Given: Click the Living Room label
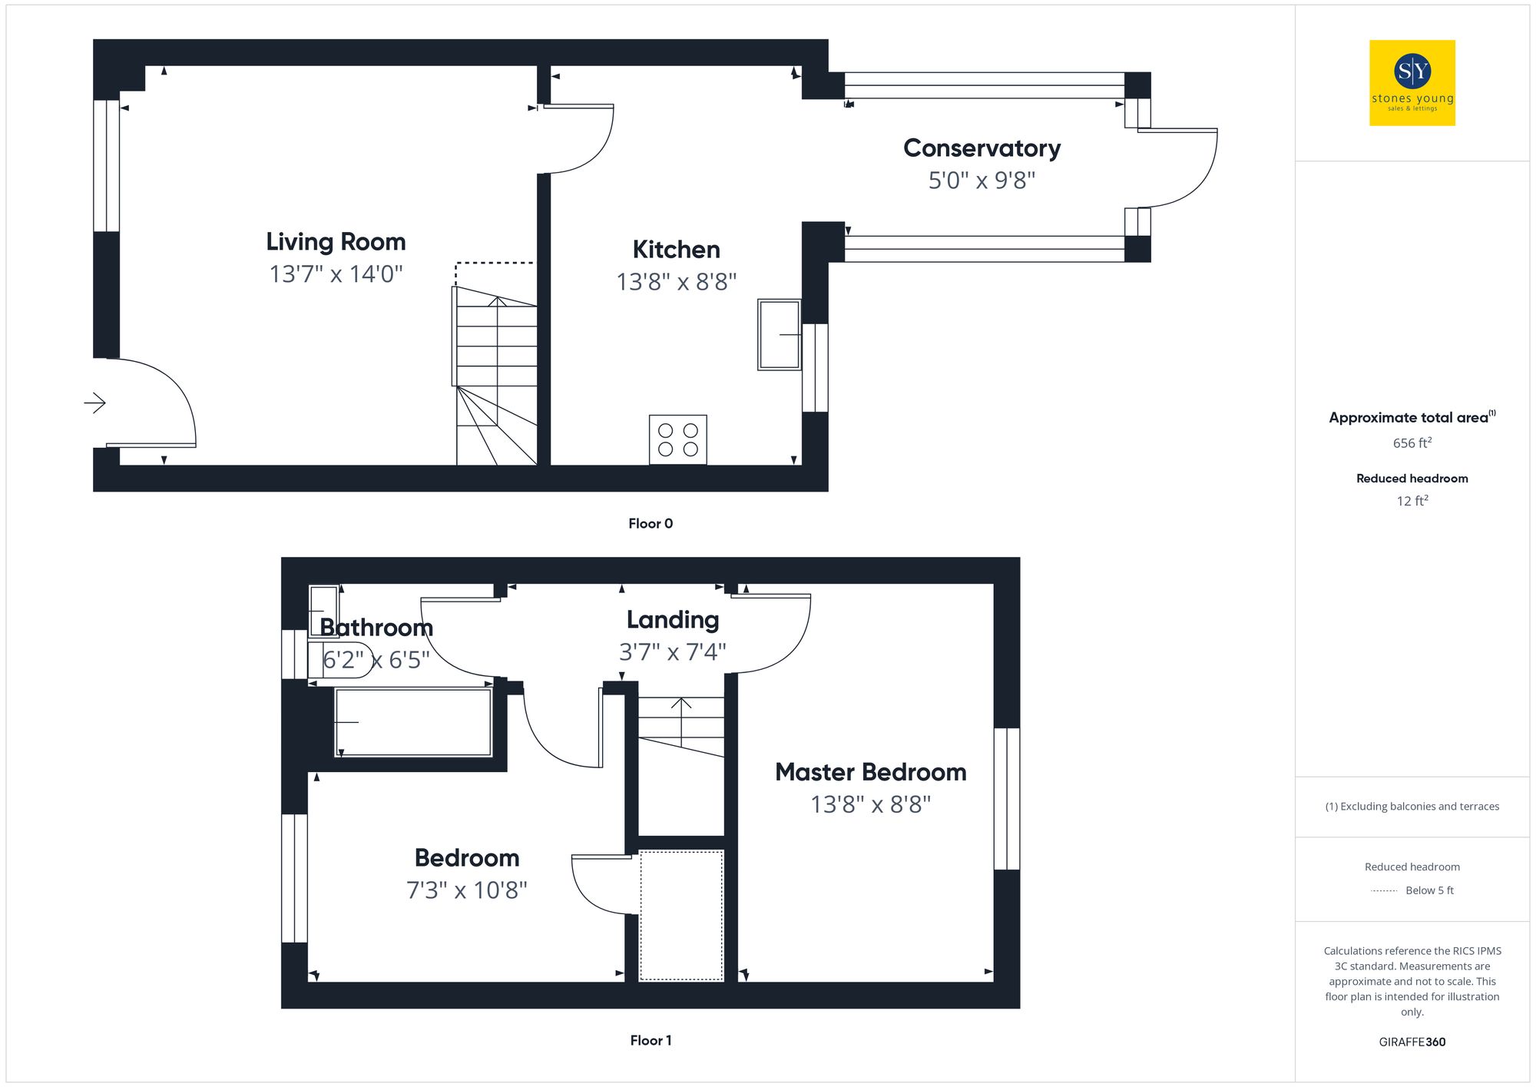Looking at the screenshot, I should tap(336, 242).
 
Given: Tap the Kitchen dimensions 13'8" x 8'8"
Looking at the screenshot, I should tap(676, 282).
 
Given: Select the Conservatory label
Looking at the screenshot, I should tap(982, 147).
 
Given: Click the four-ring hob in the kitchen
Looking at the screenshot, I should tap(677, 439).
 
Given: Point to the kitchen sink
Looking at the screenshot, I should tap(779, 334).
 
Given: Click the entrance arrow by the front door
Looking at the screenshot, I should tap(94, 403).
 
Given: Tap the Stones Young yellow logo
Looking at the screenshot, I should tap(1412, 83).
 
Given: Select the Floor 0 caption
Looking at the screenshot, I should tap(650, 524).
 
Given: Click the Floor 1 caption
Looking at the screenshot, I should tap(650, 1040).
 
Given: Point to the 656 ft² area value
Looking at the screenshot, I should tap(1412, 443).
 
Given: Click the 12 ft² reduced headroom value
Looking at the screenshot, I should tap(1412, 501).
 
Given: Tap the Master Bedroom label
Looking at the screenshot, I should tap(870, 772).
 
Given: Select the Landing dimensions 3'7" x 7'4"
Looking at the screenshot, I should tap(672, 652).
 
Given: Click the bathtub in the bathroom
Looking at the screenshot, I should tap(413, 722).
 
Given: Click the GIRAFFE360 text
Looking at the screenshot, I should tap(1412, 1042).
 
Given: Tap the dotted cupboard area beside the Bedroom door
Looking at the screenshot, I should tap(681, 915).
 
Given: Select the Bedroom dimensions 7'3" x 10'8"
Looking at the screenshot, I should tap(466, 890).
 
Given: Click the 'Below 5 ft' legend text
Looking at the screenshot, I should tap(1428, 890).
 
